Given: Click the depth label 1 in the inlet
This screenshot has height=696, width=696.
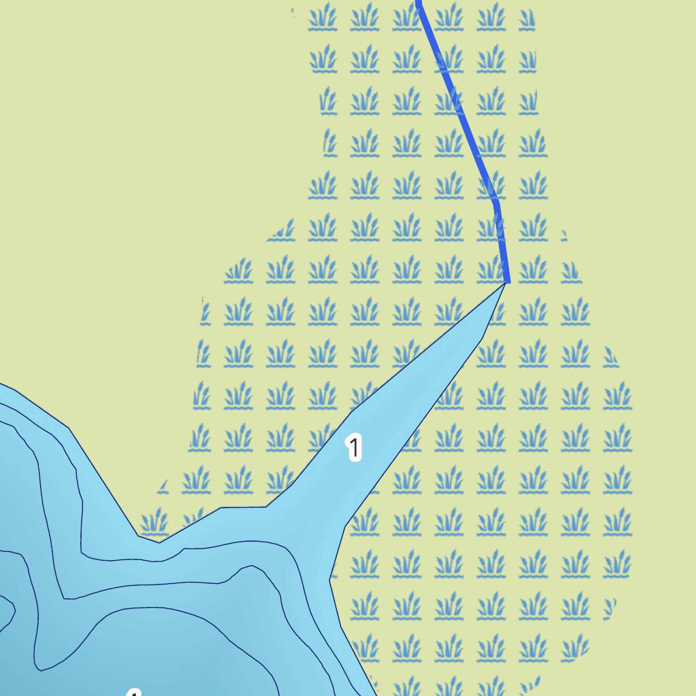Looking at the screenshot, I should pos(353,448).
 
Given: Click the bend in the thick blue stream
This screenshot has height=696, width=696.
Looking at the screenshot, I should pos(497,202).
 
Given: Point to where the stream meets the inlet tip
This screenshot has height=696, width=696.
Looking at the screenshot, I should pos(507,282).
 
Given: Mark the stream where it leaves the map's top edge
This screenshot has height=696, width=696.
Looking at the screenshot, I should pos(419,2).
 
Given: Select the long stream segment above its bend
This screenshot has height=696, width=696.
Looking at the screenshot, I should pos(457,102).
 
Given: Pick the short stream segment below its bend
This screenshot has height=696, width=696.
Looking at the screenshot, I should pos(502,242).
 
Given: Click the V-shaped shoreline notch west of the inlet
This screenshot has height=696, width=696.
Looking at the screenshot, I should pos(158,542).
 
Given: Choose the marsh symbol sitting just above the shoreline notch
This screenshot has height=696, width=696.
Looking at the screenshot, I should pos(154,523).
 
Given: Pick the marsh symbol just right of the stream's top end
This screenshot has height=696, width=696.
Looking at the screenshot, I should pos(449,16).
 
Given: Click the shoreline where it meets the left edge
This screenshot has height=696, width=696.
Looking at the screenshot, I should pos(2,385).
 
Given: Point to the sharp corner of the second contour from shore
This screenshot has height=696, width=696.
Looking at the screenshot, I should pos(65,598).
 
